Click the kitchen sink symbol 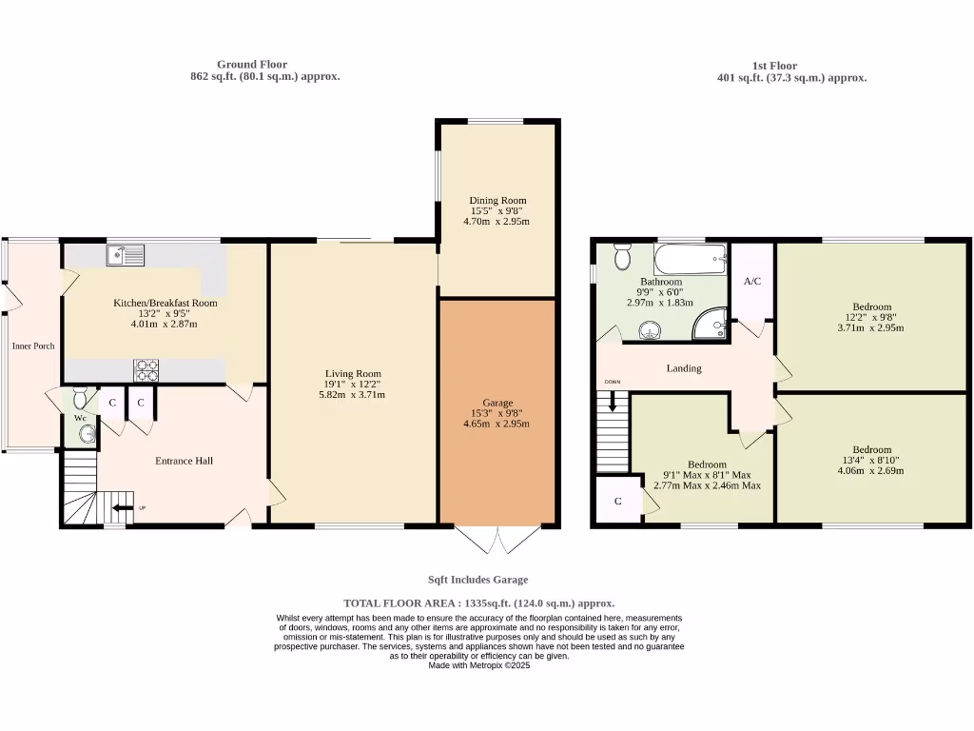(x=126, y=255)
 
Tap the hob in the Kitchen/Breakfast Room (x=146, y=368)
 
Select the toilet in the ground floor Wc (x=79, y=397)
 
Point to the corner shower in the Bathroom (x=711, y=326)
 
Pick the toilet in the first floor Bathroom (x=623, y=255)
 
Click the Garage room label (x=497, y=403)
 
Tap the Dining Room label (x=497, y=200)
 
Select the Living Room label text (x=353, y=374)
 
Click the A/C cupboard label (x=752, y=282)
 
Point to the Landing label (x=684, y=368)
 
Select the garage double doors (x=497, y=540)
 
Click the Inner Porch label (x=33, y=346)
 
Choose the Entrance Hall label (x=184, y=461)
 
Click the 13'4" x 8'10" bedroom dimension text (x=871, y=462)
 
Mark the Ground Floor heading (x=252, y=65)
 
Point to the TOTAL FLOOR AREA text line (x=478, y=603)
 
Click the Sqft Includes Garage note (x=477, y=580)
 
